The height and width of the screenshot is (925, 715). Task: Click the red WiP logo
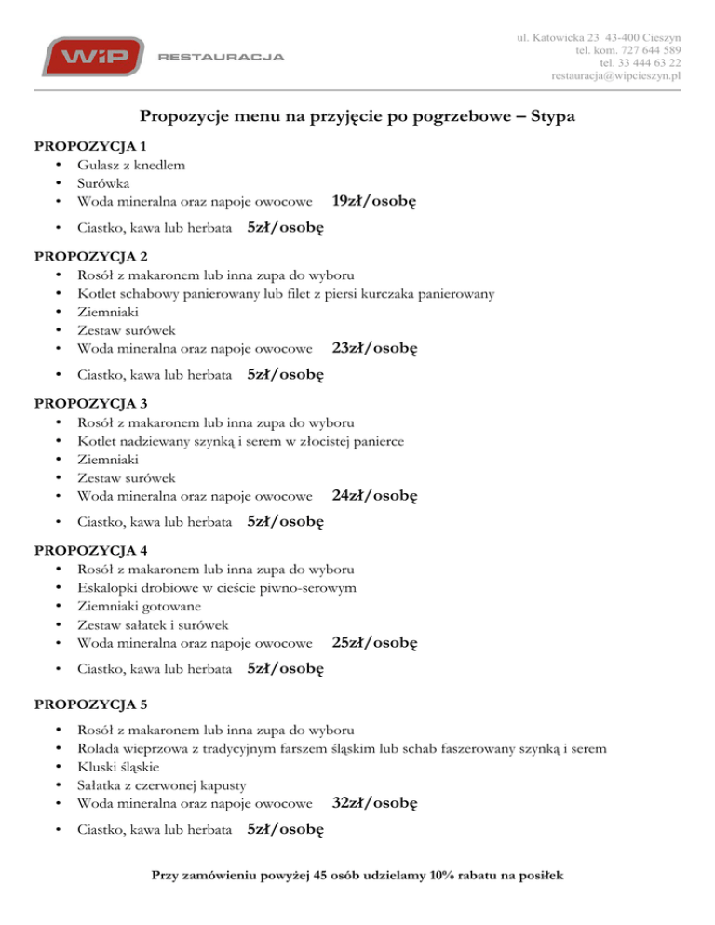[90, 57]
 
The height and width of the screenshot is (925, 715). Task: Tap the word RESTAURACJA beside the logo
[222, 58]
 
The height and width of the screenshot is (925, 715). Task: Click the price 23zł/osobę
[374, 349]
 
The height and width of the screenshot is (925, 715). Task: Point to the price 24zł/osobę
[374, 496]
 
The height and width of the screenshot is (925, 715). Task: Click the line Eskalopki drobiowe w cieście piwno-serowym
[217, 587]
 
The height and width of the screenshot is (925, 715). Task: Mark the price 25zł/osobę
[374, 642]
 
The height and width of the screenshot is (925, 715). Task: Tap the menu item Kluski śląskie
[118, 767]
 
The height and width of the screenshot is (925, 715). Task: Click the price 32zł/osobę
[374, 802]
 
